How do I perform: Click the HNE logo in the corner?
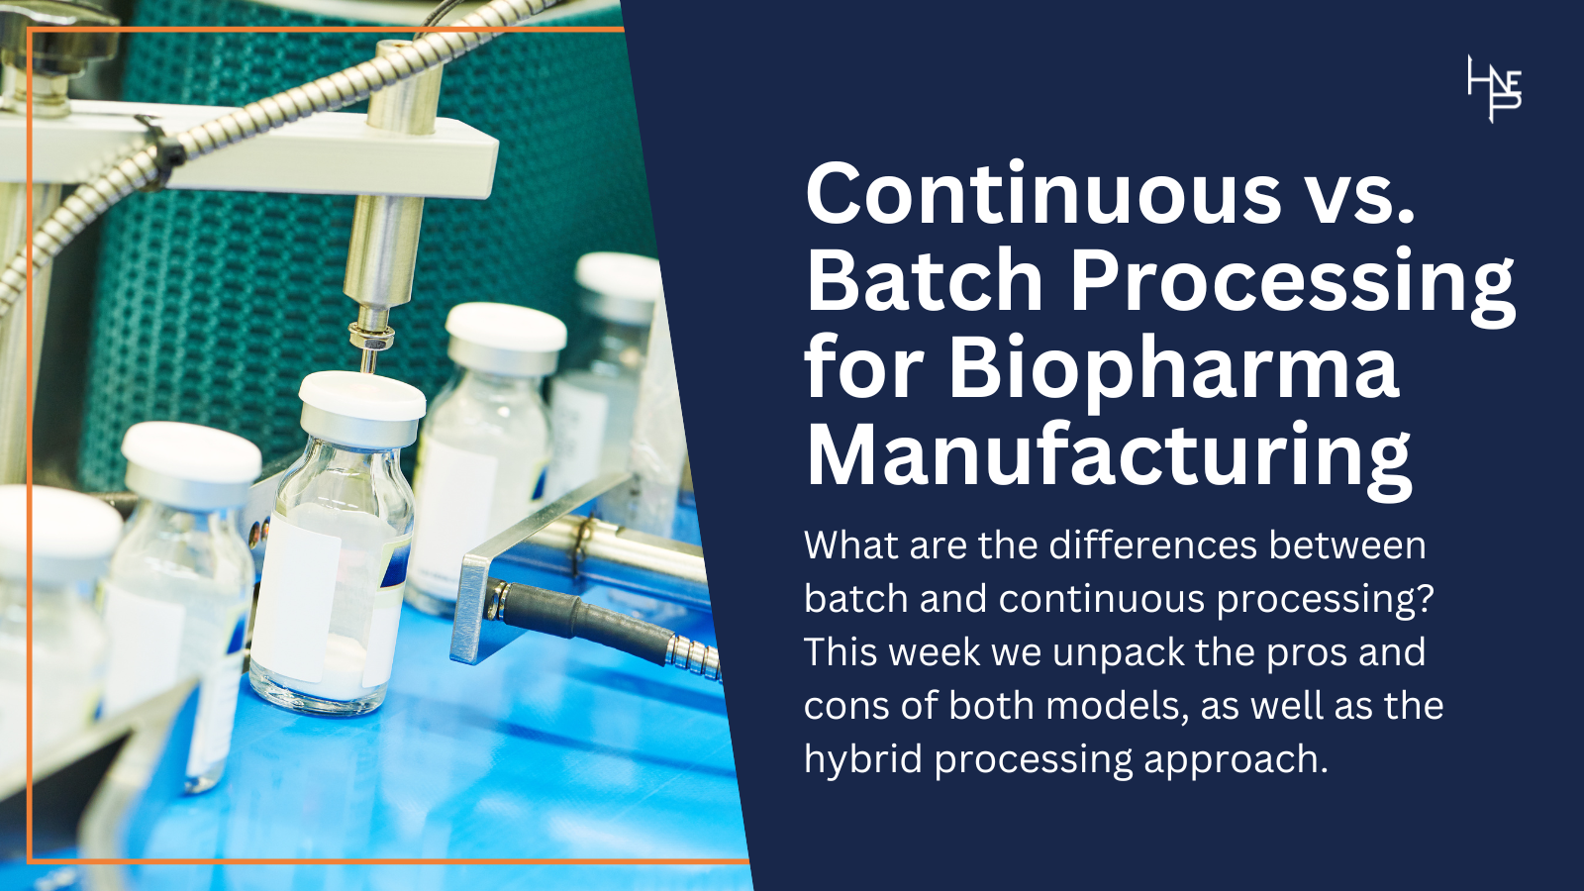(x=1494, y=89)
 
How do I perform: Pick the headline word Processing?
(x=1292, y=282)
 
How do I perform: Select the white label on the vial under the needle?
(x=296, y=594)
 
